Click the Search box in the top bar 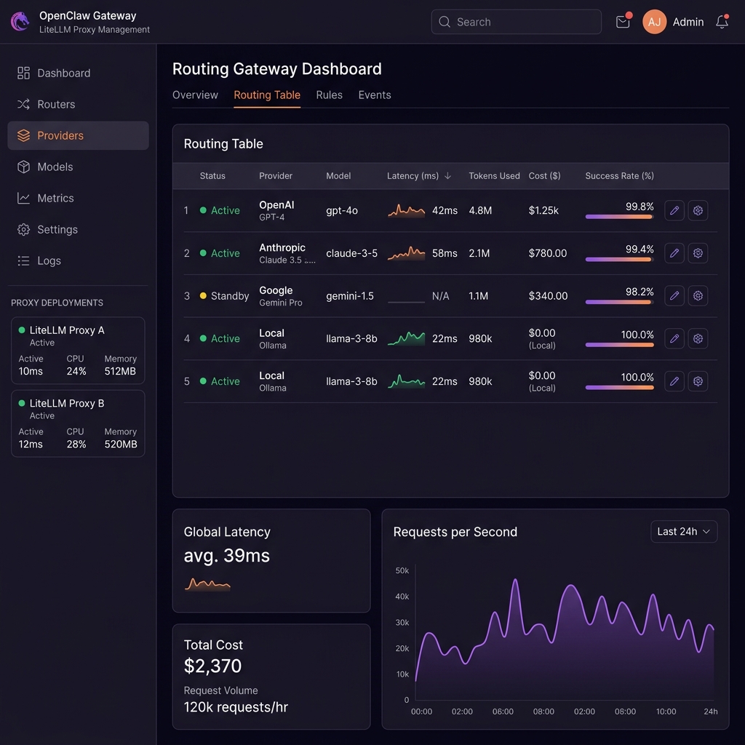[516, 22]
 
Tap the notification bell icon [722, 22]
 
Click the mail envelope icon [623, 22]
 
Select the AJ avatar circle [655, 22]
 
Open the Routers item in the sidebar [56, 104]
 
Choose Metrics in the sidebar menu [55, 198]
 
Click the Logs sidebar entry [49, 260]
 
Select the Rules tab [329, 95]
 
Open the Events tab [375, 95]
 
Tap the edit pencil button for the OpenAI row [674, 210]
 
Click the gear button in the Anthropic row [698, 253]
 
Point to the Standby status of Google [229, 296]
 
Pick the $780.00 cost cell [548, 253]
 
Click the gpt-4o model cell [342, 210]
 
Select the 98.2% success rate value [640, 291]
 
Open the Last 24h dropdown [684, 532]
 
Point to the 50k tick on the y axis [402, 570]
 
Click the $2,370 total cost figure [212, 666]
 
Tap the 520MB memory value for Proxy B [121, 445]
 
